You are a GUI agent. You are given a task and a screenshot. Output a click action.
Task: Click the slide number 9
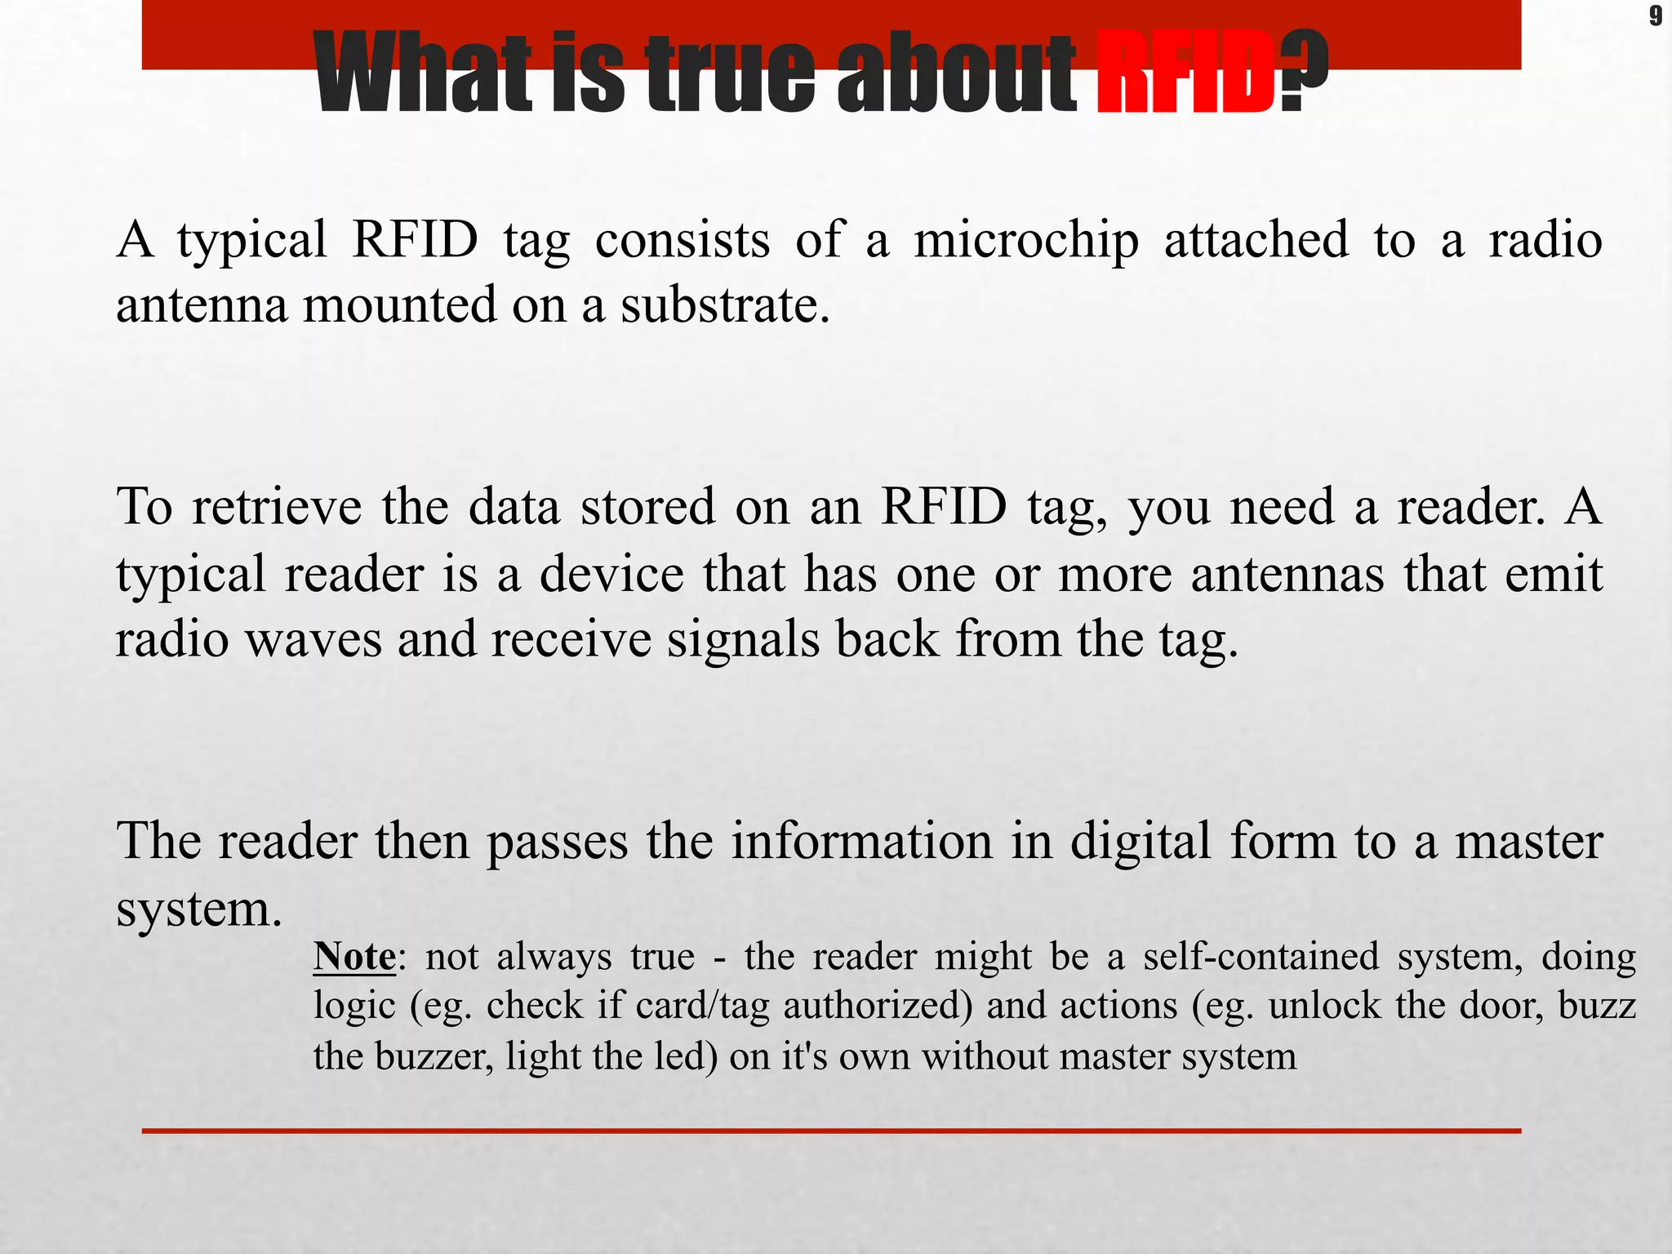pyautogui.click(x=1655, y=16)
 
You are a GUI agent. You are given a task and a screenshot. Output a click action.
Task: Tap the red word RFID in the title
pyautogui.click(x=1185, y=73)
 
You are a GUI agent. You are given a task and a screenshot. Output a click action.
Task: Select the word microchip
pyautogui.click(x=1025, y=242)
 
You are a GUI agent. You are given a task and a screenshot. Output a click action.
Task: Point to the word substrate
pyautogui.click(x=725, y=305)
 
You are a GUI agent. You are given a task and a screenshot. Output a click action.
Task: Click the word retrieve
pyautogui.click(x=277, y=507)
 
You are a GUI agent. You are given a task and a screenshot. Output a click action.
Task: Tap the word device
pyautogui.click(x=611, y=574)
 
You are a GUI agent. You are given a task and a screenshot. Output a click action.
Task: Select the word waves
pyautogui.click(x=313, y=639)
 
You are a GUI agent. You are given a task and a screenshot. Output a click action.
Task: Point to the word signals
pyautogui.click(x=743, y=639)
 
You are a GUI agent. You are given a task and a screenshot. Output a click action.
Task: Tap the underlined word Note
pyautogui.click(x=354, y=956)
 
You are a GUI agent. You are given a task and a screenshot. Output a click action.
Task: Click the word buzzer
pyautogui.click(x=434, y=1056)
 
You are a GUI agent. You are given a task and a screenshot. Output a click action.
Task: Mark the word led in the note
pyautogui.click(x=686, y=1056)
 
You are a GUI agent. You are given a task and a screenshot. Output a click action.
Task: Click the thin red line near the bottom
pyautogui.click(x=831, y=1131)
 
